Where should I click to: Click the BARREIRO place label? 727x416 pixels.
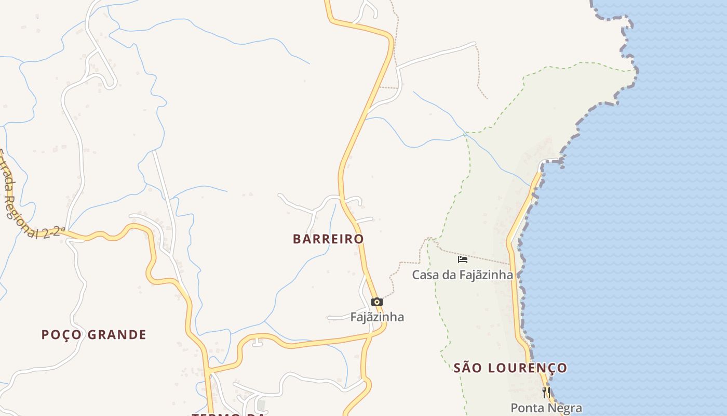coord(328,239)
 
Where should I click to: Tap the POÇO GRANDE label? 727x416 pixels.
coord(94,334)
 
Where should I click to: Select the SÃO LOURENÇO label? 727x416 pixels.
coord(510,368)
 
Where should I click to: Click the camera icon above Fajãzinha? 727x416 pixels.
coord(377,302)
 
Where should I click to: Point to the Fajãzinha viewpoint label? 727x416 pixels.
coord(377,317)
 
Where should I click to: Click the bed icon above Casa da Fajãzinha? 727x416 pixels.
coord(462,259)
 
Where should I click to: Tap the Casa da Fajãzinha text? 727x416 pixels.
coord(462,275)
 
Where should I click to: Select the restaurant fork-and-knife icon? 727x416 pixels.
coord(546,392)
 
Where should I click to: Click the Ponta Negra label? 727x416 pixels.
coord(546,408)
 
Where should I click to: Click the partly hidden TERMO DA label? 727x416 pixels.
coord(228,414)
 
